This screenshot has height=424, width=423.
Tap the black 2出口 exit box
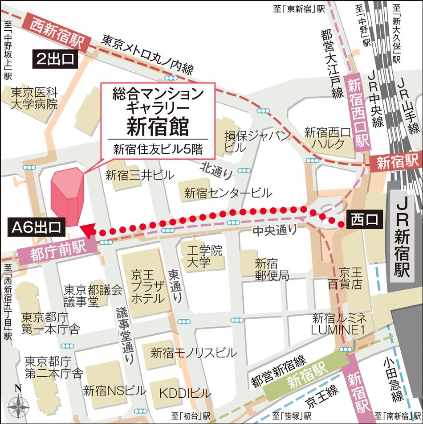point(56,60)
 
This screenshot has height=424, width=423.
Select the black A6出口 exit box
point(37,227)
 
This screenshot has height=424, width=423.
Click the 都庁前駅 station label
point(58,252)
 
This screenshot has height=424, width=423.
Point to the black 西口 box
point(364,220)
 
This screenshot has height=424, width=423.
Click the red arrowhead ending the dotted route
point(87,231)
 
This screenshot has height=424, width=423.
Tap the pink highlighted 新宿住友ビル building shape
point(66,196)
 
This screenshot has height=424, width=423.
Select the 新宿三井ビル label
point(139,175)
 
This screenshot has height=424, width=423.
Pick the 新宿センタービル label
point(228,193)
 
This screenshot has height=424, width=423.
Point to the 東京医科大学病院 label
point(35,99)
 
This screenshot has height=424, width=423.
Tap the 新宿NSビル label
point(114,391)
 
